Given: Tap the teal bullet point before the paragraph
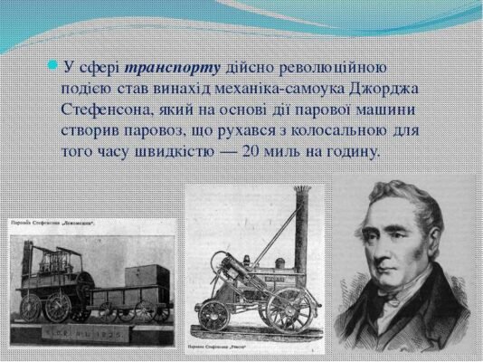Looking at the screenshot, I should point(53,66).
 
